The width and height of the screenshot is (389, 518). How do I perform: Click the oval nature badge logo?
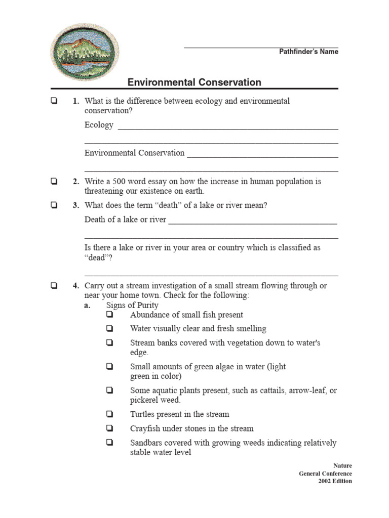(x=85, y=51)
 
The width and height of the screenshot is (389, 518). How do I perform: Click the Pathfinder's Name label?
(x=308, y=52)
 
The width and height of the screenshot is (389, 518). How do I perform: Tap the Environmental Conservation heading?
(x=194, y=82)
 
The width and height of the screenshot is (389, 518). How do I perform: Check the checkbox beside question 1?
(x=54, y=101)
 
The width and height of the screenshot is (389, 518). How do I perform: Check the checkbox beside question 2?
(x=54, y=182)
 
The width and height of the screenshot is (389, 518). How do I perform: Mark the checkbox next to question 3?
(x=54, y=205)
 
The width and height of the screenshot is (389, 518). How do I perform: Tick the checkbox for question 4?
(x=54, y=286)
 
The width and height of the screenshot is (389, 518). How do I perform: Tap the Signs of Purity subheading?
(x=132, y=305)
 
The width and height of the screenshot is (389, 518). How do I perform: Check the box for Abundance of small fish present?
(x=109, y=315)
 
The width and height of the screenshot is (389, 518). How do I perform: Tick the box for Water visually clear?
(x=109, y=329)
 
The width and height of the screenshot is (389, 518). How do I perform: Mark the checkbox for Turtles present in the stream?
(x=109, y=414)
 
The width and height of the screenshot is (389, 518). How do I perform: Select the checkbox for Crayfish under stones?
(x=109, y=428)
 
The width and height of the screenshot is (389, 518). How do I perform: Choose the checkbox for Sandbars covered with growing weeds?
(x=109, y=443)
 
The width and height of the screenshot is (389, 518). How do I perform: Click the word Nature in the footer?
(x=342, y=466)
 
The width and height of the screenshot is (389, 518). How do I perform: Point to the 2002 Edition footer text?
(x=335, y=481)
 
